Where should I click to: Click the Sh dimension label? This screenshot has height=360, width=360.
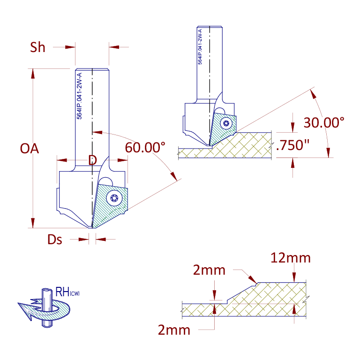pos(37,47)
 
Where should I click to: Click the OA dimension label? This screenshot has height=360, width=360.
pos(30,149)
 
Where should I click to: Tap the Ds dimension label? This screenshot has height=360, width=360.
pos(55,240)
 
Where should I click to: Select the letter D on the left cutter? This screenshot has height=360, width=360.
pos(92,160)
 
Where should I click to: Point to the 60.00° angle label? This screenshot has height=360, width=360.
pos(145,147)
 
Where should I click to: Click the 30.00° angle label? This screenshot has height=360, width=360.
pos(324,123)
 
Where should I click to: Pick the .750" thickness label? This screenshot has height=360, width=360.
pos(293,145)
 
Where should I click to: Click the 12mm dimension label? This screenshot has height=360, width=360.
pos(291,258)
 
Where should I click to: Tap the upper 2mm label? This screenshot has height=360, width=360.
pos(209,270)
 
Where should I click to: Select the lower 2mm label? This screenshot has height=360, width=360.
pos(174,330)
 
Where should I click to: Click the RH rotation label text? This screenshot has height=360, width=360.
pos(67,292)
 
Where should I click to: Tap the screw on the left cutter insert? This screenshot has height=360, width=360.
pos(114,198)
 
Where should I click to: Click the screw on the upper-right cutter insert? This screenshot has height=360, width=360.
pos(226,123)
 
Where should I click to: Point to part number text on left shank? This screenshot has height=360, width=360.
pos(79,96)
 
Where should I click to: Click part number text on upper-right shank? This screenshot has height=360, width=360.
pos(200,46)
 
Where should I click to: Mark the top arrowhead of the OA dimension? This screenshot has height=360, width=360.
pos(33,74)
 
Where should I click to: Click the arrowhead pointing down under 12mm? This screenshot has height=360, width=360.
pos(294,277)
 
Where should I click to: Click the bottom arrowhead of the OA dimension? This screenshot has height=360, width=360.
pos(33,223)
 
